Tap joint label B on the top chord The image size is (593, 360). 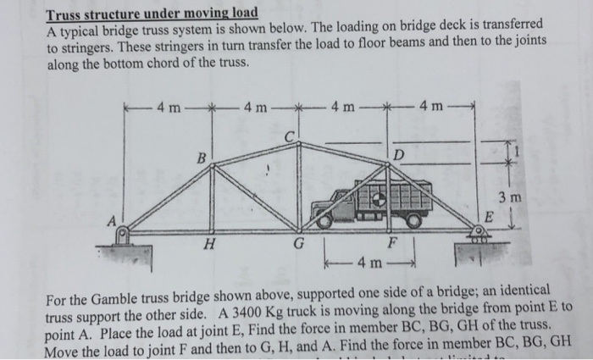coord(201,158)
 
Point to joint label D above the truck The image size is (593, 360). coord(398,153)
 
